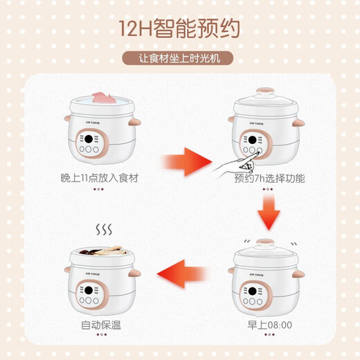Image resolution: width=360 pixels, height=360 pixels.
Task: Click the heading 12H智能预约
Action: pyautogui.click(x=180, y=28)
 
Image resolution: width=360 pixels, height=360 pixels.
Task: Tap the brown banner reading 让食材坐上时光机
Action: pyautogui.click(x=179, y=59)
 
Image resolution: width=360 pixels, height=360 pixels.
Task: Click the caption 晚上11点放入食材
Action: pyautogui.click(x=100, y=178)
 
